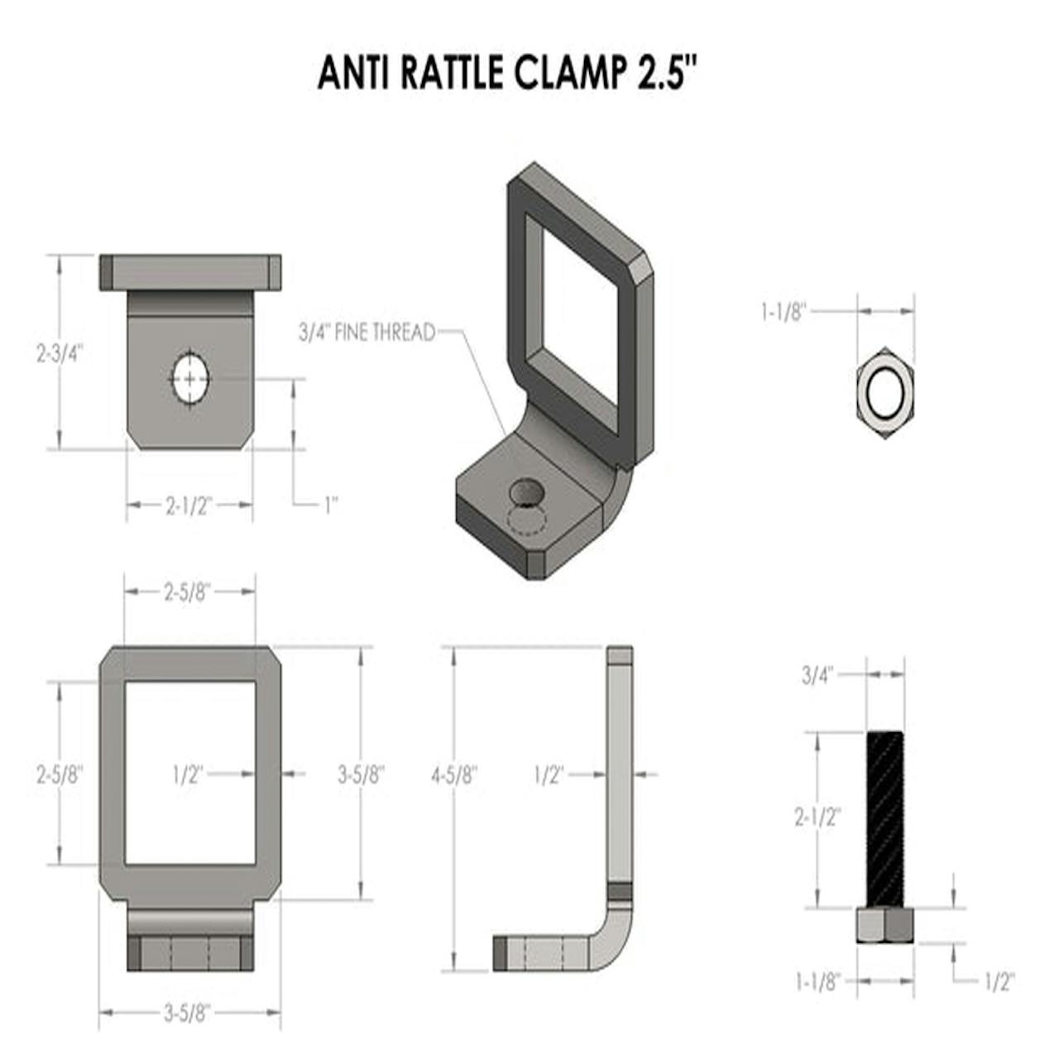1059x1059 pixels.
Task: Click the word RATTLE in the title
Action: pyautogui.click(x=452, y=72)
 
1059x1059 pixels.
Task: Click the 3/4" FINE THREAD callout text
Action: pyautogui.click(x=367, y=333)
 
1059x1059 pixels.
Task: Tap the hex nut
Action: pyautogui.click(x=884, y=392)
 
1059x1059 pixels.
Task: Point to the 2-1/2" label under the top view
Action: pyautogui.click(x=189, y=506)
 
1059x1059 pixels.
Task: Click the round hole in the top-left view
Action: pyautogui.click(x=190, y=379)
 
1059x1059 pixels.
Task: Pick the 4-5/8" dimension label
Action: pyautogui.click(x=454, y=776)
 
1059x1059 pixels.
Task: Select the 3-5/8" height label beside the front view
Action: pyautogui.click(x=361, y=776)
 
